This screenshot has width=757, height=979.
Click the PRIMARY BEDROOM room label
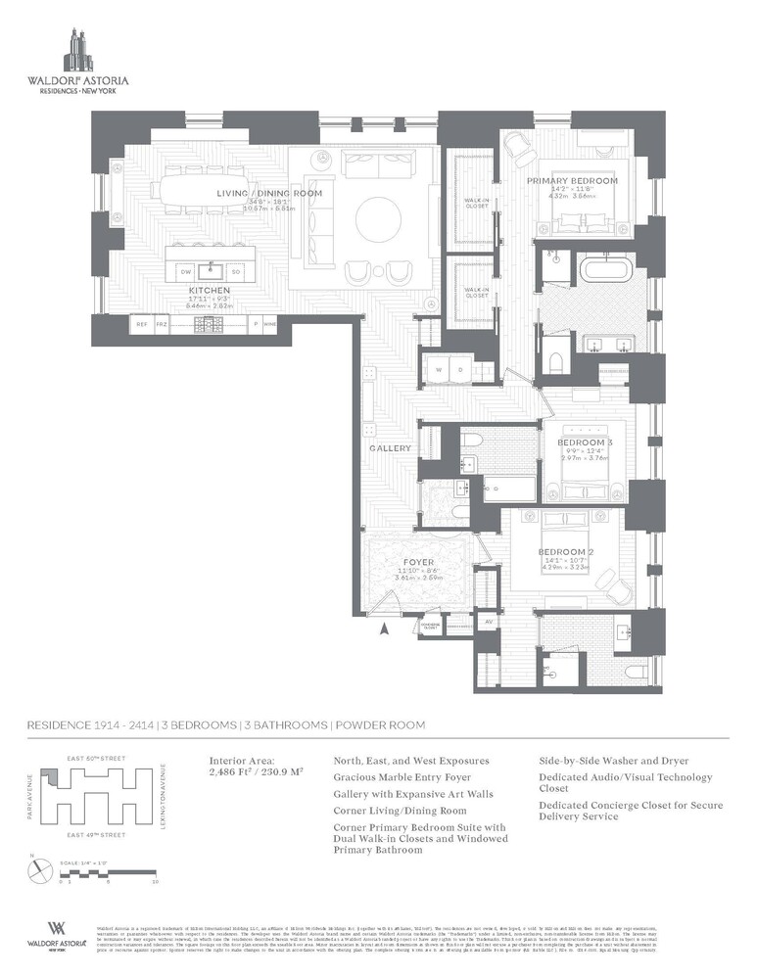point(572,181)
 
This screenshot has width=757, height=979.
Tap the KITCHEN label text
point(210,291)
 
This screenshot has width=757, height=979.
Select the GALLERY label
point(390,448)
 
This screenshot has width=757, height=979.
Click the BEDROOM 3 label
point(586,443)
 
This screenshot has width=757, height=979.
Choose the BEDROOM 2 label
point(561,552)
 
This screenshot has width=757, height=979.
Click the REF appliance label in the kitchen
point(142,323)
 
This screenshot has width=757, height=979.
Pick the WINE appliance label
point(269,323)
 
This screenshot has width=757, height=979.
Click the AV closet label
point(489,621)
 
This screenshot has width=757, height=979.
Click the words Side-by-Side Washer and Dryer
point(613,760)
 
